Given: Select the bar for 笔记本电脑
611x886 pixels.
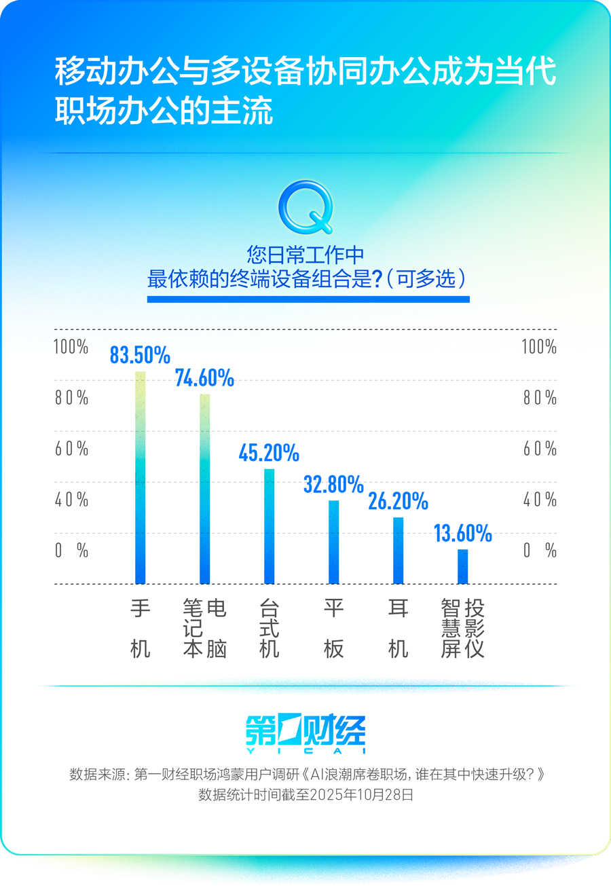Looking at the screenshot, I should (204, 489).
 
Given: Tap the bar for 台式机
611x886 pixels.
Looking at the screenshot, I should (269, 526).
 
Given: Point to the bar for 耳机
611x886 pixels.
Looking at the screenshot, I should (399, 550).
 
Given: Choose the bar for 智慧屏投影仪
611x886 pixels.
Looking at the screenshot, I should (463, 566).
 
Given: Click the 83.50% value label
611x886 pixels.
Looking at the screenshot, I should (140, 355).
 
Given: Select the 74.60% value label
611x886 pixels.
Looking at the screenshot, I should (204, 377).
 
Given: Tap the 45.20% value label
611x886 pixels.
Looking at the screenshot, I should (269, 452).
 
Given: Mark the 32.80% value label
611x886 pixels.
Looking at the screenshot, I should (333, 484).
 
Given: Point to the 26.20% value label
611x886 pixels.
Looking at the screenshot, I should (399, 501).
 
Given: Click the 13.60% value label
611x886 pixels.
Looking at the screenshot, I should (463, 534).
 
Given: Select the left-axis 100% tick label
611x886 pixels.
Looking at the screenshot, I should (71, 347).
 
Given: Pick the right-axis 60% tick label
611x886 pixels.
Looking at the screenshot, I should (540, 449).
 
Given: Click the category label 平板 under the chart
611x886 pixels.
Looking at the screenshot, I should (333, 629).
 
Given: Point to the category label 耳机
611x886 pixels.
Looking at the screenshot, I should (399, 629).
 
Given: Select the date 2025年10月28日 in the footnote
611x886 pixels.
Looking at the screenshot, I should (361, 795).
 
